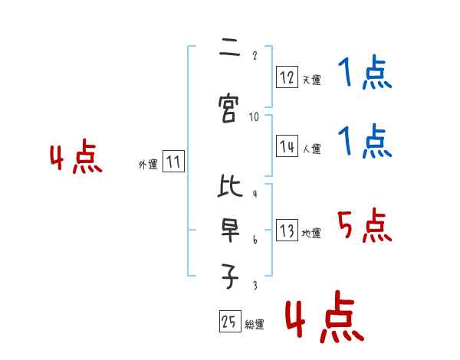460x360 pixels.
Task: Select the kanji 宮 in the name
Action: (228, 108)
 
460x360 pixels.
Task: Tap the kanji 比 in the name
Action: (230, 185)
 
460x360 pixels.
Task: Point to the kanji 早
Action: (230, 231)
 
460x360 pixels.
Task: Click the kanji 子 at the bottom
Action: (230, 277)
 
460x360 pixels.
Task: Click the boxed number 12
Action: (287, 77)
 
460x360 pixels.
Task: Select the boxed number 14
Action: (287, 146)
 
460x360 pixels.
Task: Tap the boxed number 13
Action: (287, 230)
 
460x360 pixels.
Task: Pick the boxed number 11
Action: (173, 162)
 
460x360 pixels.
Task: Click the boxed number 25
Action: (230, 321)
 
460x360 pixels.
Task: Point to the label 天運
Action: (312, 80)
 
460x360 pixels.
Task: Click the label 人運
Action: (312, 149)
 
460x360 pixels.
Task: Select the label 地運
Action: (311, 233)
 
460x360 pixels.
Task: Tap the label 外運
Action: (148, 165)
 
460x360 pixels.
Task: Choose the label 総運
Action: (255, 324)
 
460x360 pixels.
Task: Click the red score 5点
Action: (364, 225)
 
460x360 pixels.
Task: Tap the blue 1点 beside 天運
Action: (365, 72)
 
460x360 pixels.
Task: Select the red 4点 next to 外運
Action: (76, 155)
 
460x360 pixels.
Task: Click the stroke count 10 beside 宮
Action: (254, 117)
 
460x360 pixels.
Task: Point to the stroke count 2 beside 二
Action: (255, 55)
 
